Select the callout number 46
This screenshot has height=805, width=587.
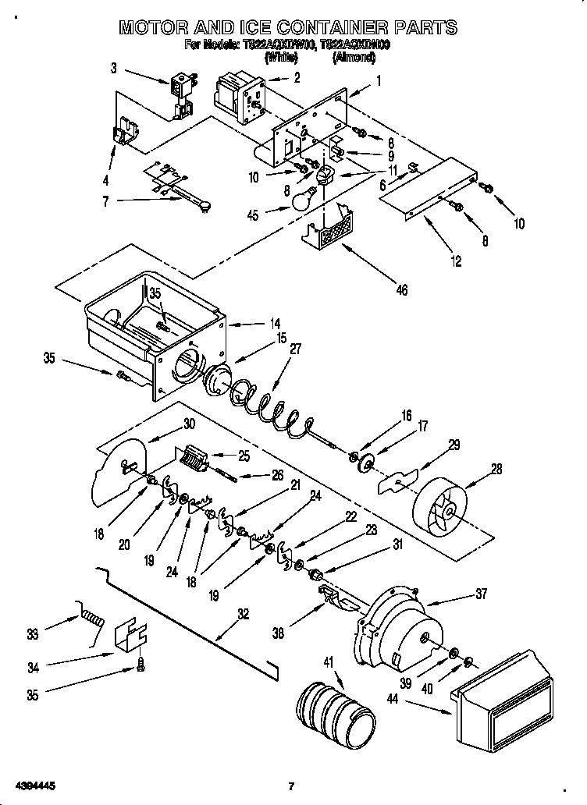[401, 290]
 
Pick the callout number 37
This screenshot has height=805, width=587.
[481, 594]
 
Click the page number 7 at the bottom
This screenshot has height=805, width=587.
[290, 785]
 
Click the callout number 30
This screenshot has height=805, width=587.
[188, 425]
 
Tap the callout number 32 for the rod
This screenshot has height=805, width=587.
[244, 614]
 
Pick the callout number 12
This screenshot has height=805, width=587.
[457, 261]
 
